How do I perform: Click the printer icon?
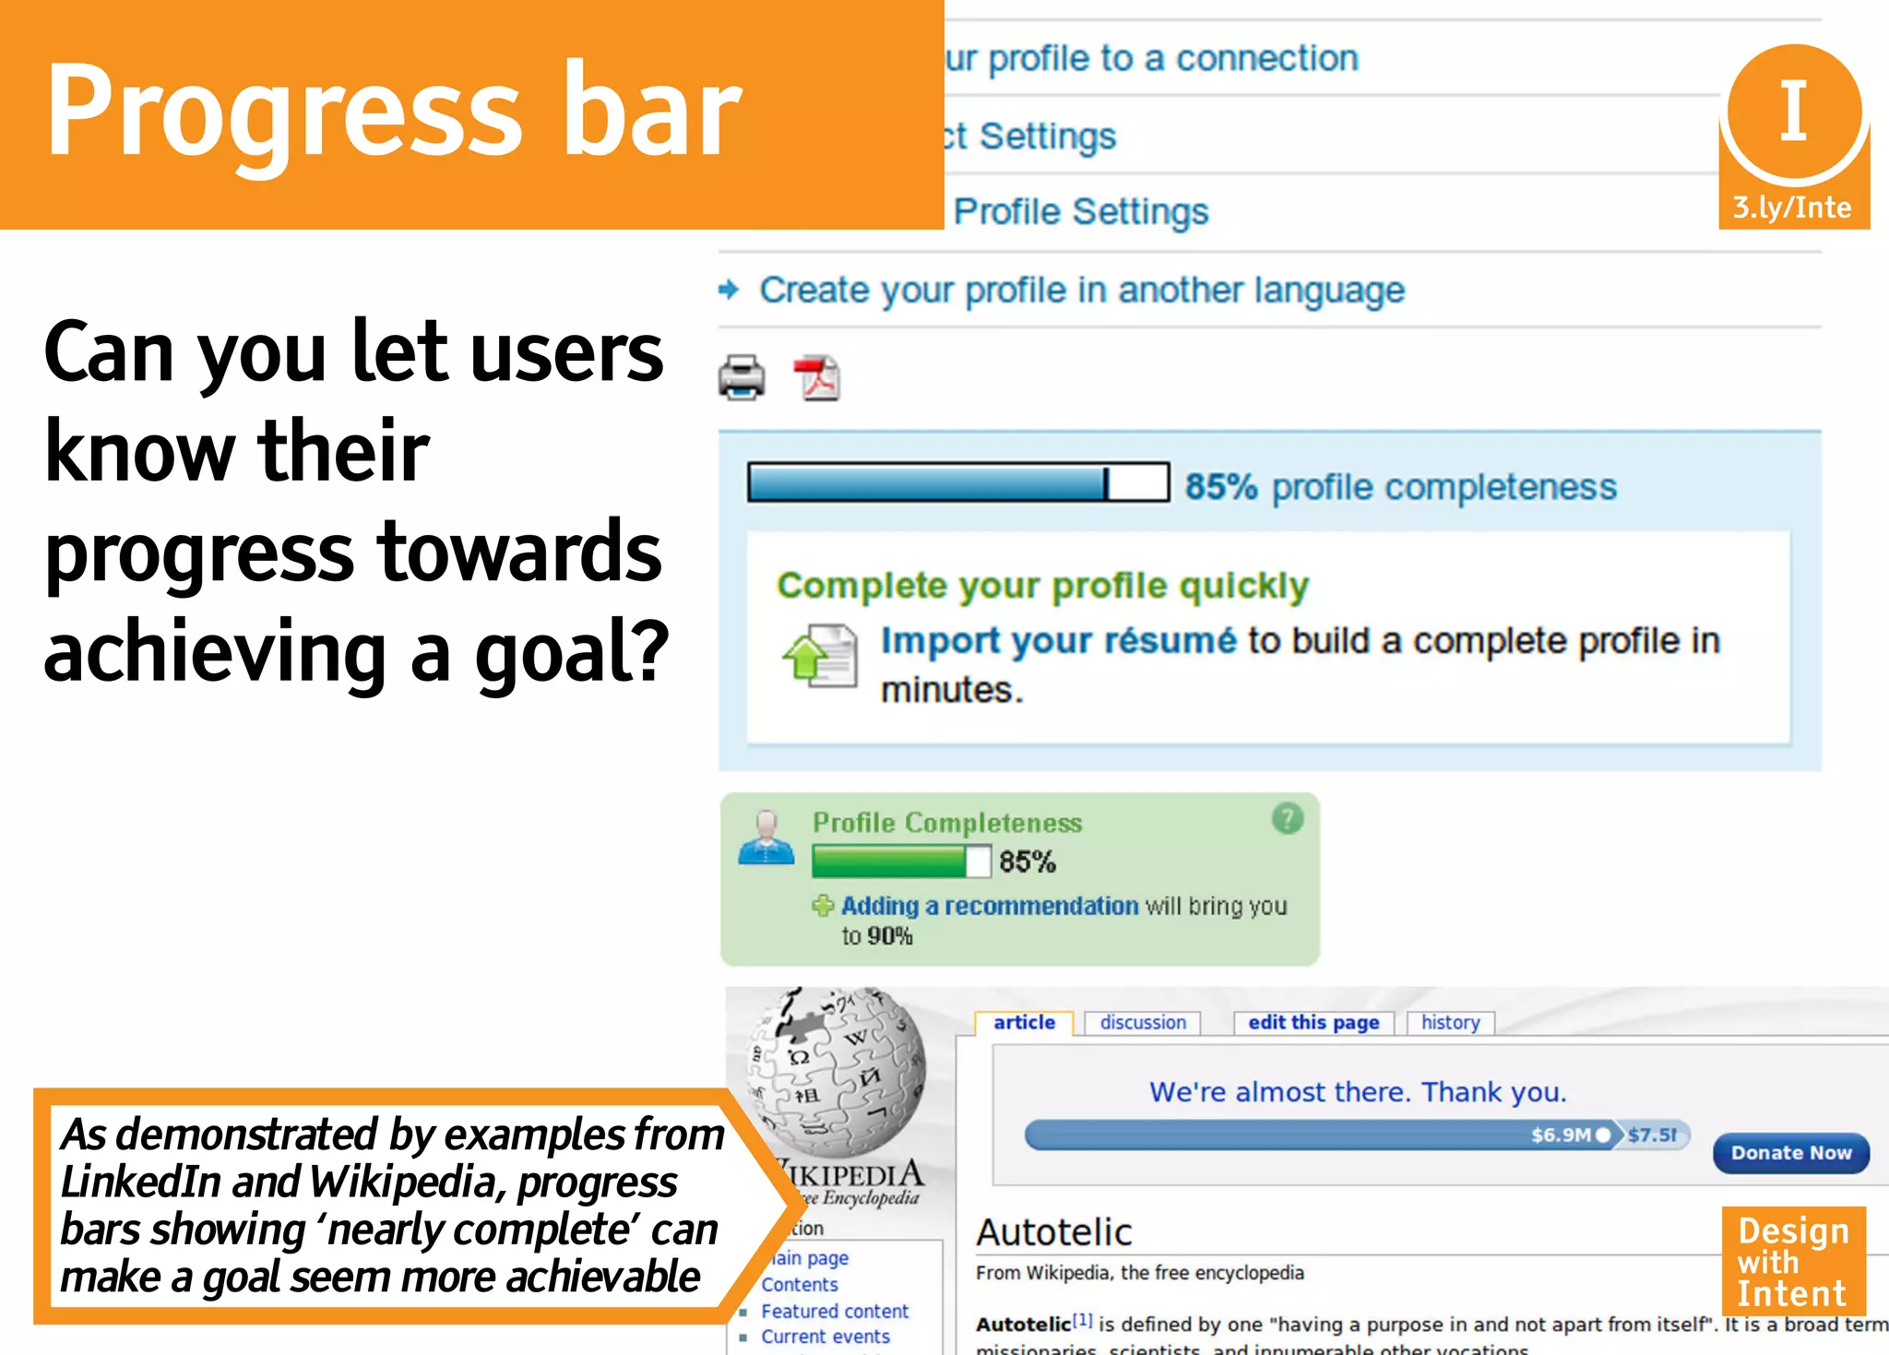[742, 377]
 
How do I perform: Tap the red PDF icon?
[817, 378]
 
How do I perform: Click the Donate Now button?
[1790, 1153]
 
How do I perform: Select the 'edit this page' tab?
[1313, 1023]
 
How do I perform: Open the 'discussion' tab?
[1143, 1023]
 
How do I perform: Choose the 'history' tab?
[1450, 1023]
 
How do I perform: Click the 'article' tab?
[1024, 1023]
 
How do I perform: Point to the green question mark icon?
[1288, 818]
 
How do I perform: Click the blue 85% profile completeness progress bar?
[957, 482]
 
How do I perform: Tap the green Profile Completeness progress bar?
[900, 862]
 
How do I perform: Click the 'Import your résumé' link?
[1058, 641]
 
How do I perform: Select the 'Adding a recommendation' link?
[990, 906]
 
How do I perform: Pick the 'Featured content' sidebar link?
[835, 1311]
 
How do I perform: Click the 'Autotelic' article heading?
[1054, 1232]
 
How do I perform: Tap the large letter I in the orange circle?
[1793, 111]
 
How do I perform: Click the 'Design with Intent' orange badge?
[1793, 1261]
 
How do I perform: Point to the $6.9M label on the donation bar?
[1561, 1135]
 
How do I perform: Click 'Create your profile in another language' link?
[1082, 291]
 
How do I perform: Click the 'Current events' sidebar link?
[826, 1337]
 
